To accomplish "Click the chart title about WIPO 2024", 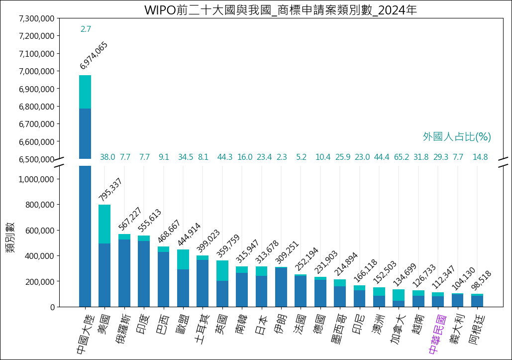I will [280, 10].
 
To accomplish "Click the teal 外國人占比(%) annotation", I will [457, 136].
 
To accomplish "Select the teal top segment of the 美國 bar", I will [104, 224].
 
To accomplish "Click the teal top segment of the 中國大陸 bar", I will [85, 92].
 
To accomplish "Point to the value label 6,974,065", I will [94, 55].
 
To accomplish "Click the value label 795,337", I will [110, 190].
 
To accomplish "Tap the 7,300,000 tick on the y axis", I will [36, 18].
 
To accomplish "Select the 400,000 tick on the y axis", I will [36, 256].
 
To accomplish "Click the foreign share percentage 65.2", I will [401, 157].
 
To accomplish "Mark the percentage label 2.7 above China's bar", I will [86, 29].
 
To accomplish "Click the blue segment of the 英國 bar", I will [222, 294].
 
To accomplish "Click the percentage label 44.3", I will [225, 157].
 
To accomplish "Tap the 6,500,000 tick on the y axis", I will [36, 159].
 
